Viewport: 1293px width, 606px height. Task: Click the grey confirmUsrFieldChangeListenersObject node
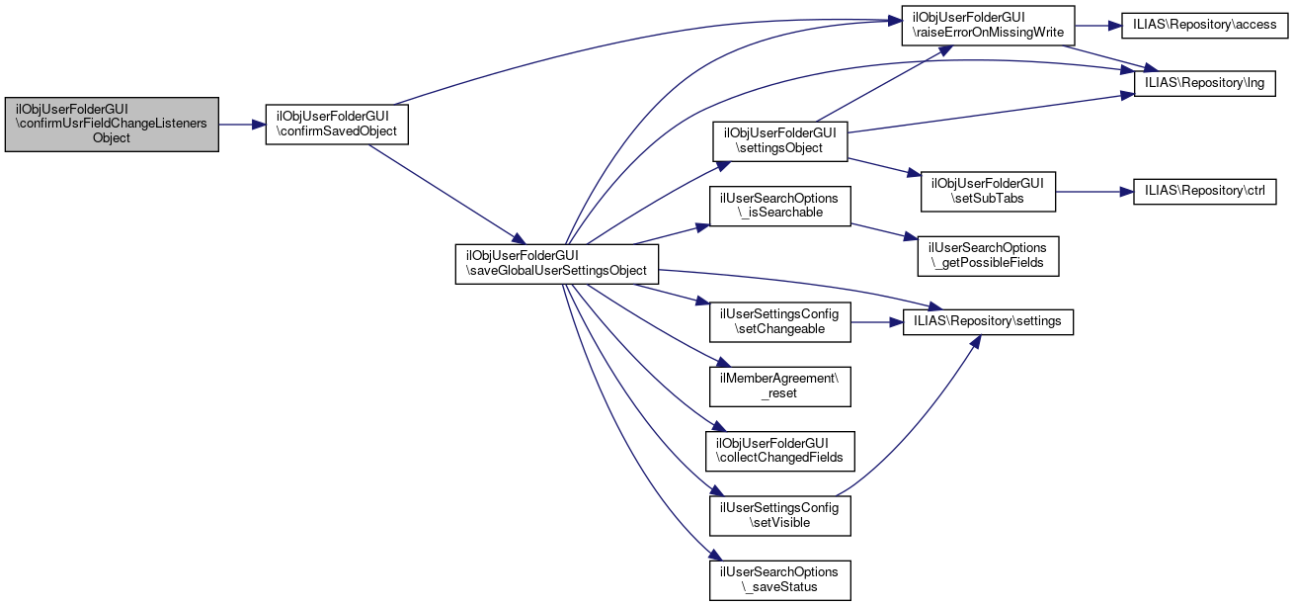[x=111, y=125]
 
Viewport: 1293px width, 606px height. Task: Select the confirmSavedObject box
[x=337, y=125]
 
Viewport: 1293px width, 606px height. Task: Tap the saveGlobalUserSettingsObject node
[x=556, y=263]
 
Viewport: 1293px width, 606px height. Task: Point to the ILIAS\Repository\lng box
[x=1205, y=83]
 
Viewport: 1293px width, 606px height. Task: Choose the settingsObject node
[x=780, y=140]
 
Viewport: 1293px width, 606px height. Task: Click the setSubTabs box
[x=987, y=190]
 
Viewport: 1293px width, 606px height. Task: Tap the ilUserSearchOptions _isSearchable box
[x=780, y=206]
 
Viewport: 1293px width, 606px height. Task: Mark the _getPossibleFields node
[x=988, y=255]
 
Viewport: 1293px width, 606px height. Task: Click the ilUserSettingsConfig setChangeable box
[x=780, y=321]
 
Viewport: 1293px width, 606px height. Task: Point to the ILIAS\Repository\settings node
[x=988, y=321]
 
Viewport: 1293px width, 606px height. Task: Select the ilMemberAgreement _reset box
[x=780, y=386]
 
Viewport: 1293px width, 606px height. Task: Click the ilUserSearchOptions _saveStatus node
[x=780, y=579]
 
